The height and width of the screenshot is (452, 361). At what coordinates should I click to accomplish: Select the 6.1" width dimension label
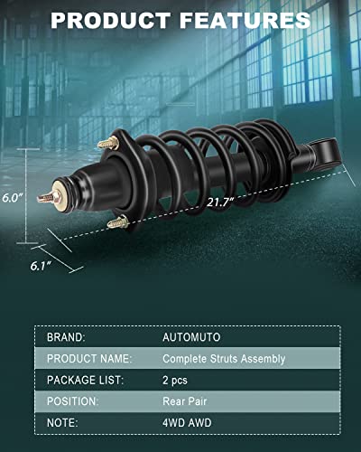tap(36, 265)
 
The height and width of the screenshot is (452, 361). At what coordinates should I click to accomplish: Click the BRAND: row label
tap(66, 336)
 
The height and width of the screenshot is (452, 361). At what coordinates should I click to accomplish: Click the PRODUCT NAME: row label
tap(87, 358)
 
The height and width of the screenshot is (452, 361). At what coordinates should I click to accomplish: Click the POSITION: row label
tap(73, 401)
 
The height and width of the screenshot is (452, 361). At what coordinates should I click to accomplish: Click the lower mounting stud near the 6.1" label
tap(117, 222)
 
